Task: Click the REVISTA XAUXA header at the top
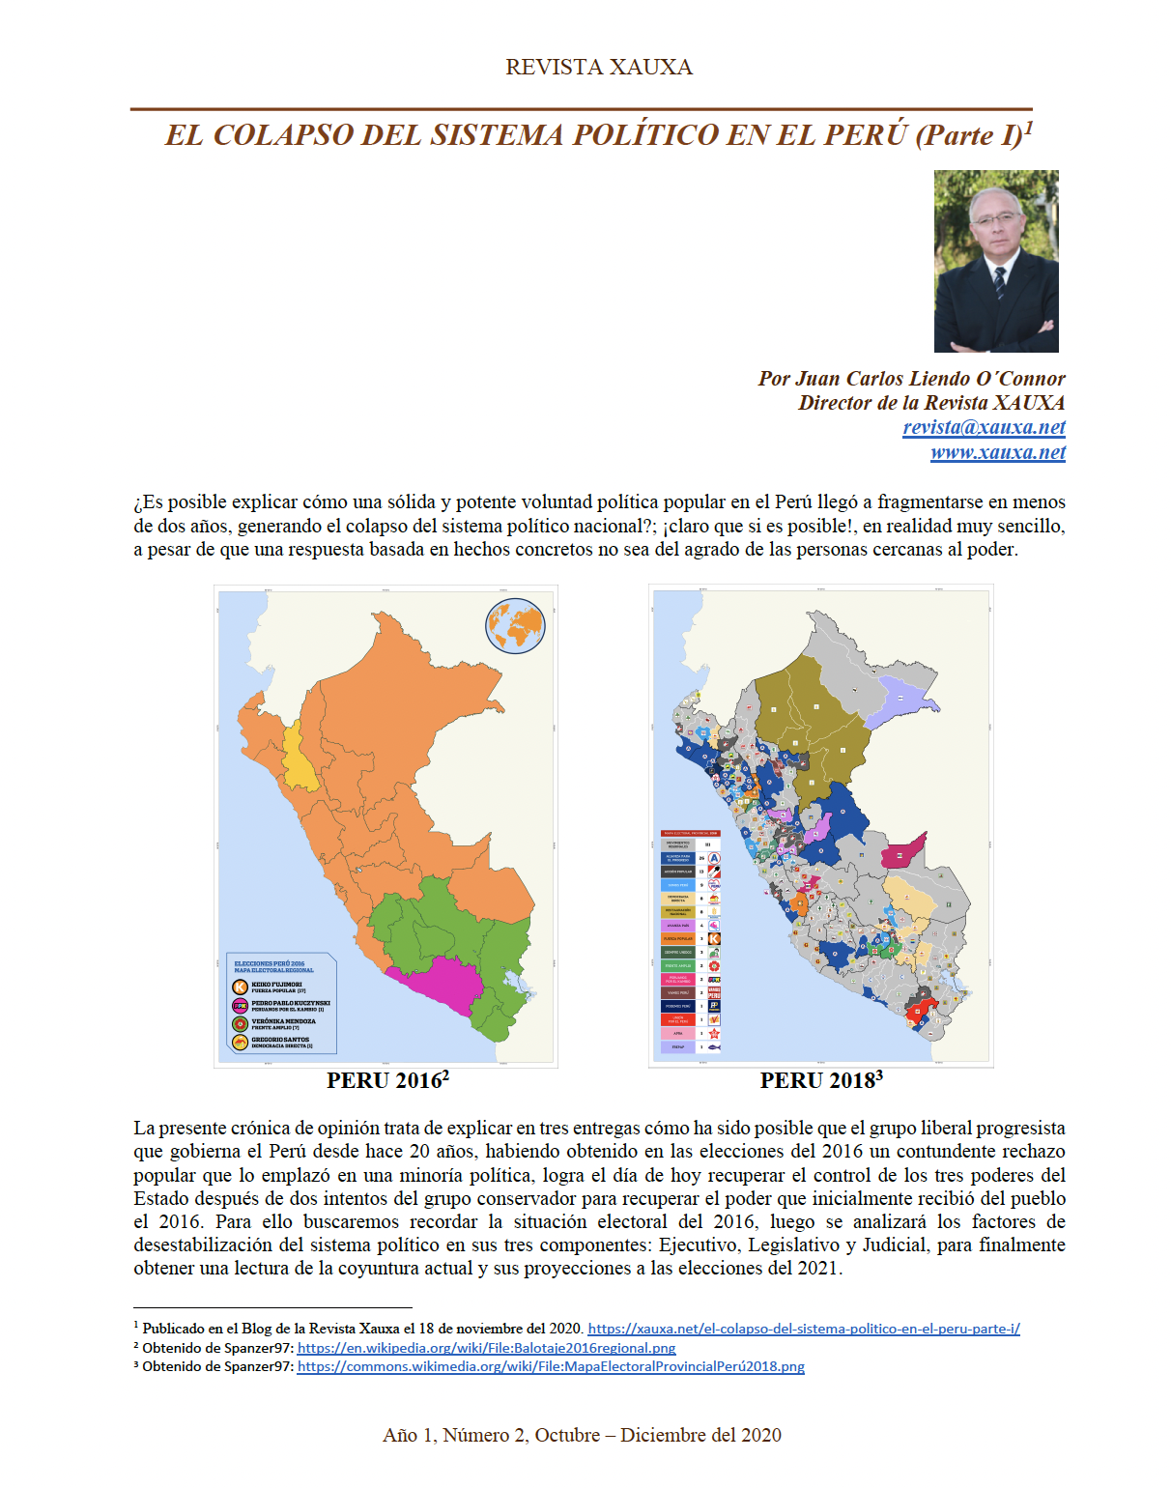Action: coord(598,67)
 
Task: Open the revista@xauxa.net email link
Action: coord(984,427)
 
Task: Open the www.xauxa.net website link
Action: coord(997,452)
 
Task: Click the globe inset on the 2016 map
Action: coord(515,625)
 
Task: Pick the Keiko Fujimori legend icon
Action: coord(240,987)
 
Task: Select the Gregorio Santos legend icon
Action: coord(240,1042)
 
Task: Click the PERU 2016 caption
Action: coord(386,1080)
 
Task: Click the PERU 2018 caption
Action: coord(820,1080)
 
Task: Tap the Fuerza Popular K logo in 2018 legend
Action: coord(714,938)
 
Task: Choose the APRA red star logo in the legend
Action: coord(714,1033)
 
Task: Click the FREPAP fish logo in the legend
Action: coord(714,1046)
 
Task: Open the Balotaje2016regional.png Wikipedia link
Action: coord(486,1348)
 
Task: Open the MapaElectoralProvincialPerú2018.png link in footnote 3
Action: coord(550,1366)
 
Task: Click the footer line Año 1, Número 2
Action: coord(582,1435)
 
